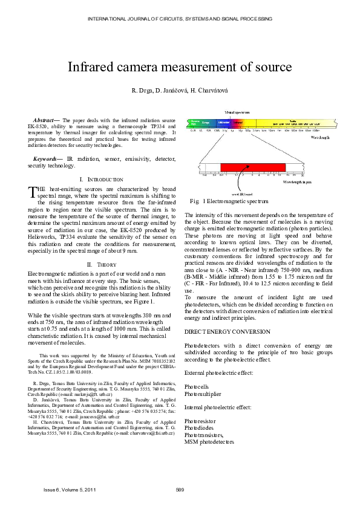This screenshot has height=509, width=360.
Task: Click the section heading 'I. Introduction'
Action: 101,180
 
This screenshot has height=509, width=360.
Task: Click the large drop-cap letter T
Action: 33,192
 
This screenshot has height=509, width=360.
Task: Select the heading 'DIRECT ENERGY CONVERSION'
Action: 223,332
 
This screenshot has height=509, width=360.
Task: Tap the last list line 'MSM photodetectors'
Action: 209,442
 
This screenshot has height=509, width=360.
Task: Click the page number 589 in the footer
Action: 180,488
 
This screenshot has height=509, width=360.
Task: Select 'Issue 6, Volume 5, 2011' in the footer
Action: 70,488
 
